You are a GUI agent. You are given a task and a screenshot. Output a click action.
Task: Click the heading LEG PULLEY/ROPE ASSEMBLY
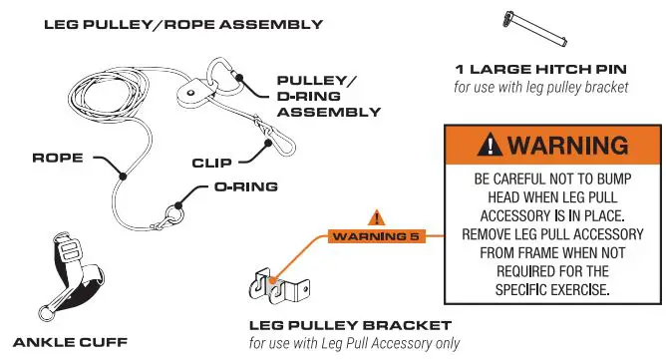(182, 24)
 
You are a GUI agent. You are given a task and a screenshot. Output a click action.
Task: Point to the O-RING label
(244, 186)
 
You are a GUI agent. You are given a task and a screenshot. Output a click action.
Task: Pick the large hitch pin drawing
(534, 26)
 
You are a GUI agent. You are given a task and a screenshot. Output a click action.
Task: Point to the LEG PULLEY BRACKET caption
(349, 326)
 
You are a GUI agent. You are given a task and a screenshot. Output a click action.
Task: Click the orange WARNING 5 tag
(375, 236)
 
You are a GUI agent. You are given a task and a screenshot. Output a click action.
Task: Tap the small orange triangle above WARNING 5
(376, 216)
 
